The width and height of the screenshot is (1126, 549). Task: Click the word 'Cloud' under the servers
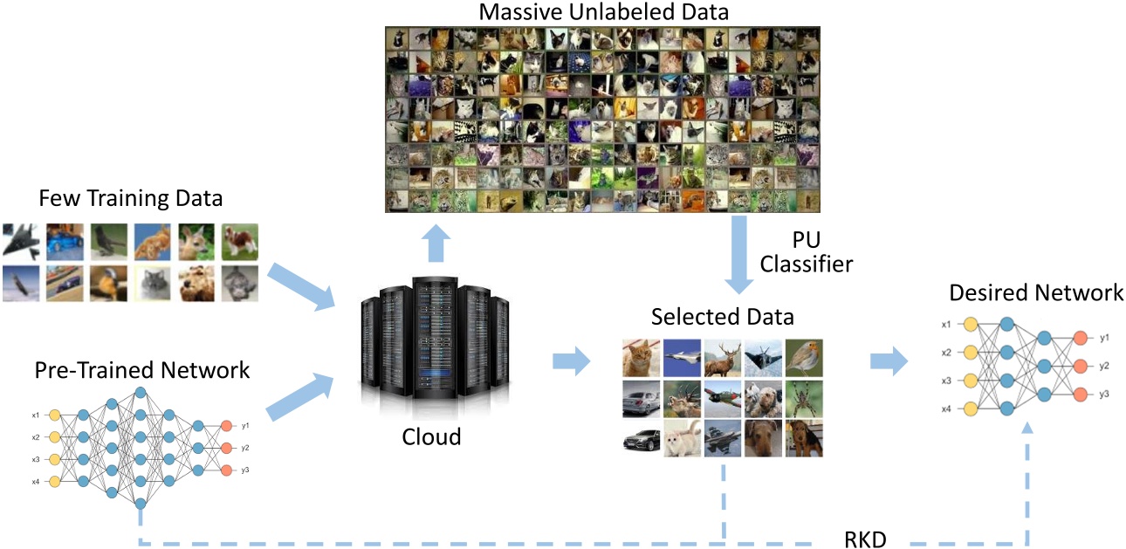[x=431, y=436]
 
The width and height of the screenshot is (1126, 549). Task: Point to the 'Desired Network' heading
[x=1024, y=293]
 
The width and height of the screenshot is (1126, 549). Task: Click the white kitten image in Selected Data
[x=681, y=439]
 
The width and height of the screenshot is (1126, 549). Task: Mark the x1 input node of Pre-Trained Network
[x=54, y=415]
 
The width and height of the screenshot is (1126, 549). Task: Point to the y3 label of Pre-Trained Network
[x=246, y=470]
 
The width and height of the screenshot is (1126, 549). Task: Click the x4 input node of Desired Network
[x=969, y=408]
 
